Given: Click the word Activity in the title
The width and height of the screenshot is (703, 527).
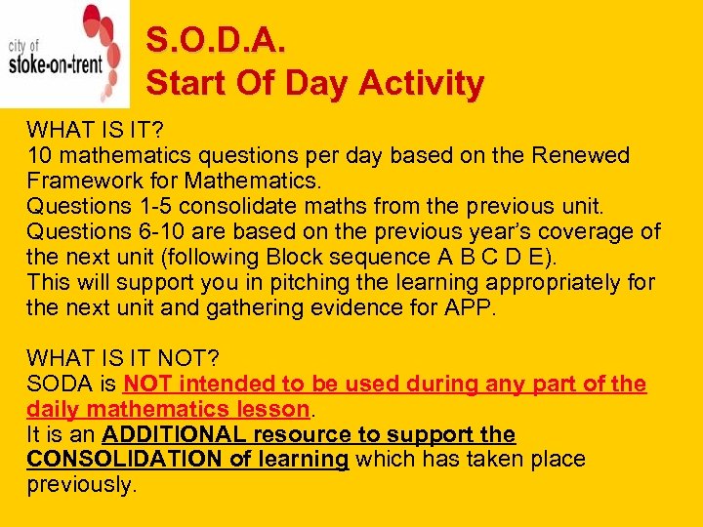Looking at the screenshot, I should tap(421, 84).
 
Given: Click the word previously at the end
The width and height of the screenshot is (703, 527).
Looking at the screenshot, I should tap(80, 485).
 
